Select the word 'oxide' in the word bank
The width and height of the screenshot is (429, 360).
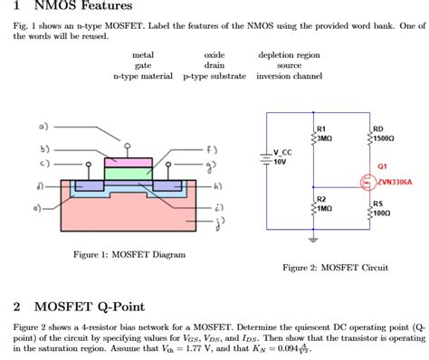(x=214, y=55)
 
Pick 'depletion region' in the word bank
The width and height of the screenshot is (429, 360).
(x=289, y=55)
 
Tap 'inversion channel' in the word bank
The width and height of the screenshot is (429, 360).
(x=289, y=77)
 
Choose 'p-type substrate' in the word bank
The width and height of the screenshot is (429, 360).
(x=214, y=77)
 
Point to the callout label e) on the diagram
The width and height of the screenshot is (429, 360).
(x=37, y=207)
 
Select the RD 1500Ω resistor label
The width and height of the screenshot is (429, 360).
(x=384, y=133)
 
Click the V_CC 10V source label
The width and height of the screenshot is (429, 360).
(x=281, y=156)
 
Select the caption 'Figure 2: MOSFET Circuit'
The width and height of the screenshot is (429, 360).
(x=335, y=268)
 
